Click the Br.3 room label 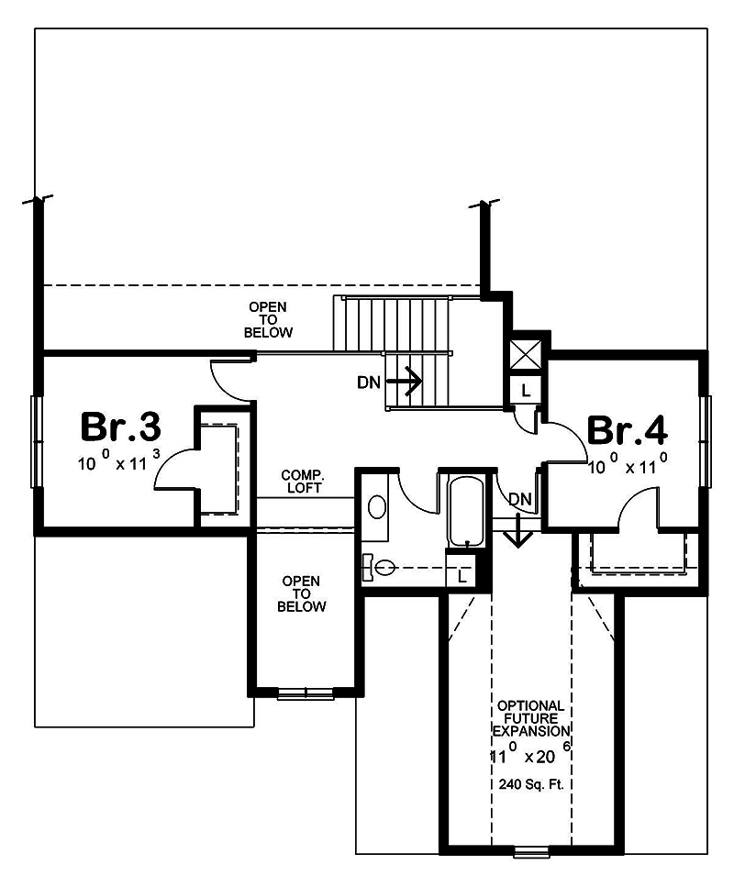coord(121,427)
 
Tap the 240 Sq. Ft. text coord(531,785)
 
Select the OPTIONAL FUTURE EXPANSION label coord(531,717)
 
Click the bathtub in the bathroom coord(468,512)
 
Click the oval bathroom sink coord(376,506)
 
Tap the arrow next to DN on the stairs coord(404,380)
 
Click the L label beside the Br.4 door coord(525,390)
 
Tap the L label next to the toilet coord(462,576)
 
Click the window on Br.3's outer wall coord(37,441)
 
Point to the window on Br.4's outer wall coord(706,441)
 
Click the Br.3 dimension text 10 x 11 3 coord(121,462)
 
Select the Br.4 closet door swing coord(639,509)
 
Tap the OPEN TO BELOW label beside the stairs coord(268,319)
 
